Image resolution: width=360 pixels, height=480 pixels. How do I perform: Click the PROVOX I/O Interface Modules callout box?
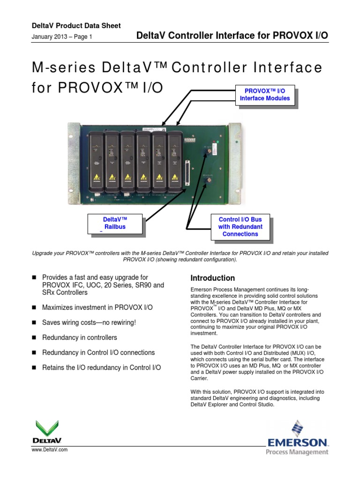pos(265,95)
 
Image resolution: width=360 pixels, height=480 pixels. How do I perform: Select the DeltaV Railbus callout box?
pos(114,223)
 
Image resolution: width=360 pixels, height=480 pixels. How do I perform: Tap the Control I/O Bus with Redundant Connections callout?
pos(240,227)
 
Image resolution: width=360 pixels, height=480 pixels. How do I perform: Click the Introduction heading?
pos(212,278)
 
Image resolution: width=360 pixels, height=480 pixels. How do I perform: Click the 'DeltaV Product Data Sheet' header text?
pos(76,26)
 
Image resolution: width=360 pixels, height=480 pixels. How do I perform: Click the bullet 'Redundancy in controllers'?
pos(80,337)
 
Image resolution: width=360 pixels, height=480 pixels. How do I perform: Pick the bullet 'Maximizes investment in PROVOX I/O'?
pos(97,308)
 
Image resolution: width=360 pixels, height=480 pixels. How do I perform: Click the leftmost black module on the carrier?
pos(96,157)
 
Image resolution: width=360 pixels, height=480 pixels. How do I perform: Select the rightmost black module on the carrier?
pos(175,157)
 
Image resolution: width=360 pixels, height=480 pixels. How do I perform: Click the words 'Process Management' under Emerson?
pos(297,452)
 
